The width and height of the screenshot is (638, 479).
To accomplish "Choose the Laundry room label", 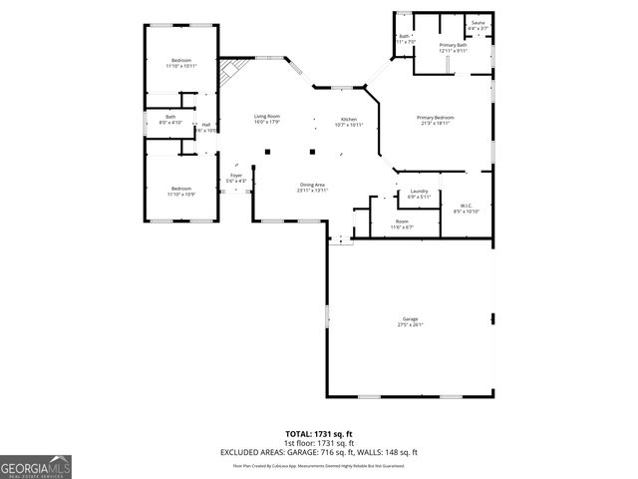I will pyautogui.click(x=419, y=194).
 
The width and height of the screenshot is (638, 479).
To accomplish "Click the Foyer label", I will pyautogui.click(x=236, y=178).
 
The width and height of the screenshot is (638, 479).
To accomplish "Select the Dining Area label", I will pyautogui.click(x=313, y=187).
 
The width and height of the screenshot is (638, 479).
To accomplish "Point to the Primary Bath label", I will pyautogui.click(x=454, y=47).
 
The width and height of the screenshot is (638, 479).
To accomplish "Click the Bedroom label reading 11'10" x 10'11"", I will pyautogui.click(x=181, y=62).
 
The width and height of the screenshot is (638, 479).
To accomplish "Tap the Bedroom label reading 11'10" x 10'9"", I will pyautogui.click(x=180, y=191).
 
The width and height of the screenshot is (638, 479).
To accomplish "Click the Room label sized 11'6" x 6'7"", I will pyautogui.click(x=402, y=224).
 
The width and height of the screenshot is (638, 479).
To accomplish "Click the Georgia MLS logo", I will pyautogui.click(x=36, y=468).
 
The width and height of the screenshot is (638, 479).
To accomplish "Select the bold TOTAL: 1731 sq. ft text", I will pyautogui.click(x=319, y=434).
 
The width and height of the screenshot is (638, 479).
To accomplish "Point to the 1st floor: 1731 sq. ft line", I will pyautogui.click(x=319, y=443).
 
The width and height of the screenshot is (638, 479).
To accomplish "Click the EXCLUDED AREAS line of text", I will pyautogui.click(x=319, y=452).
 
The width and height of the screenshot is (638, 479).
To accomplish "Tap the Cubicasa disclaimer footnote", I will pyautogui.click(x=319, y=465).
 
